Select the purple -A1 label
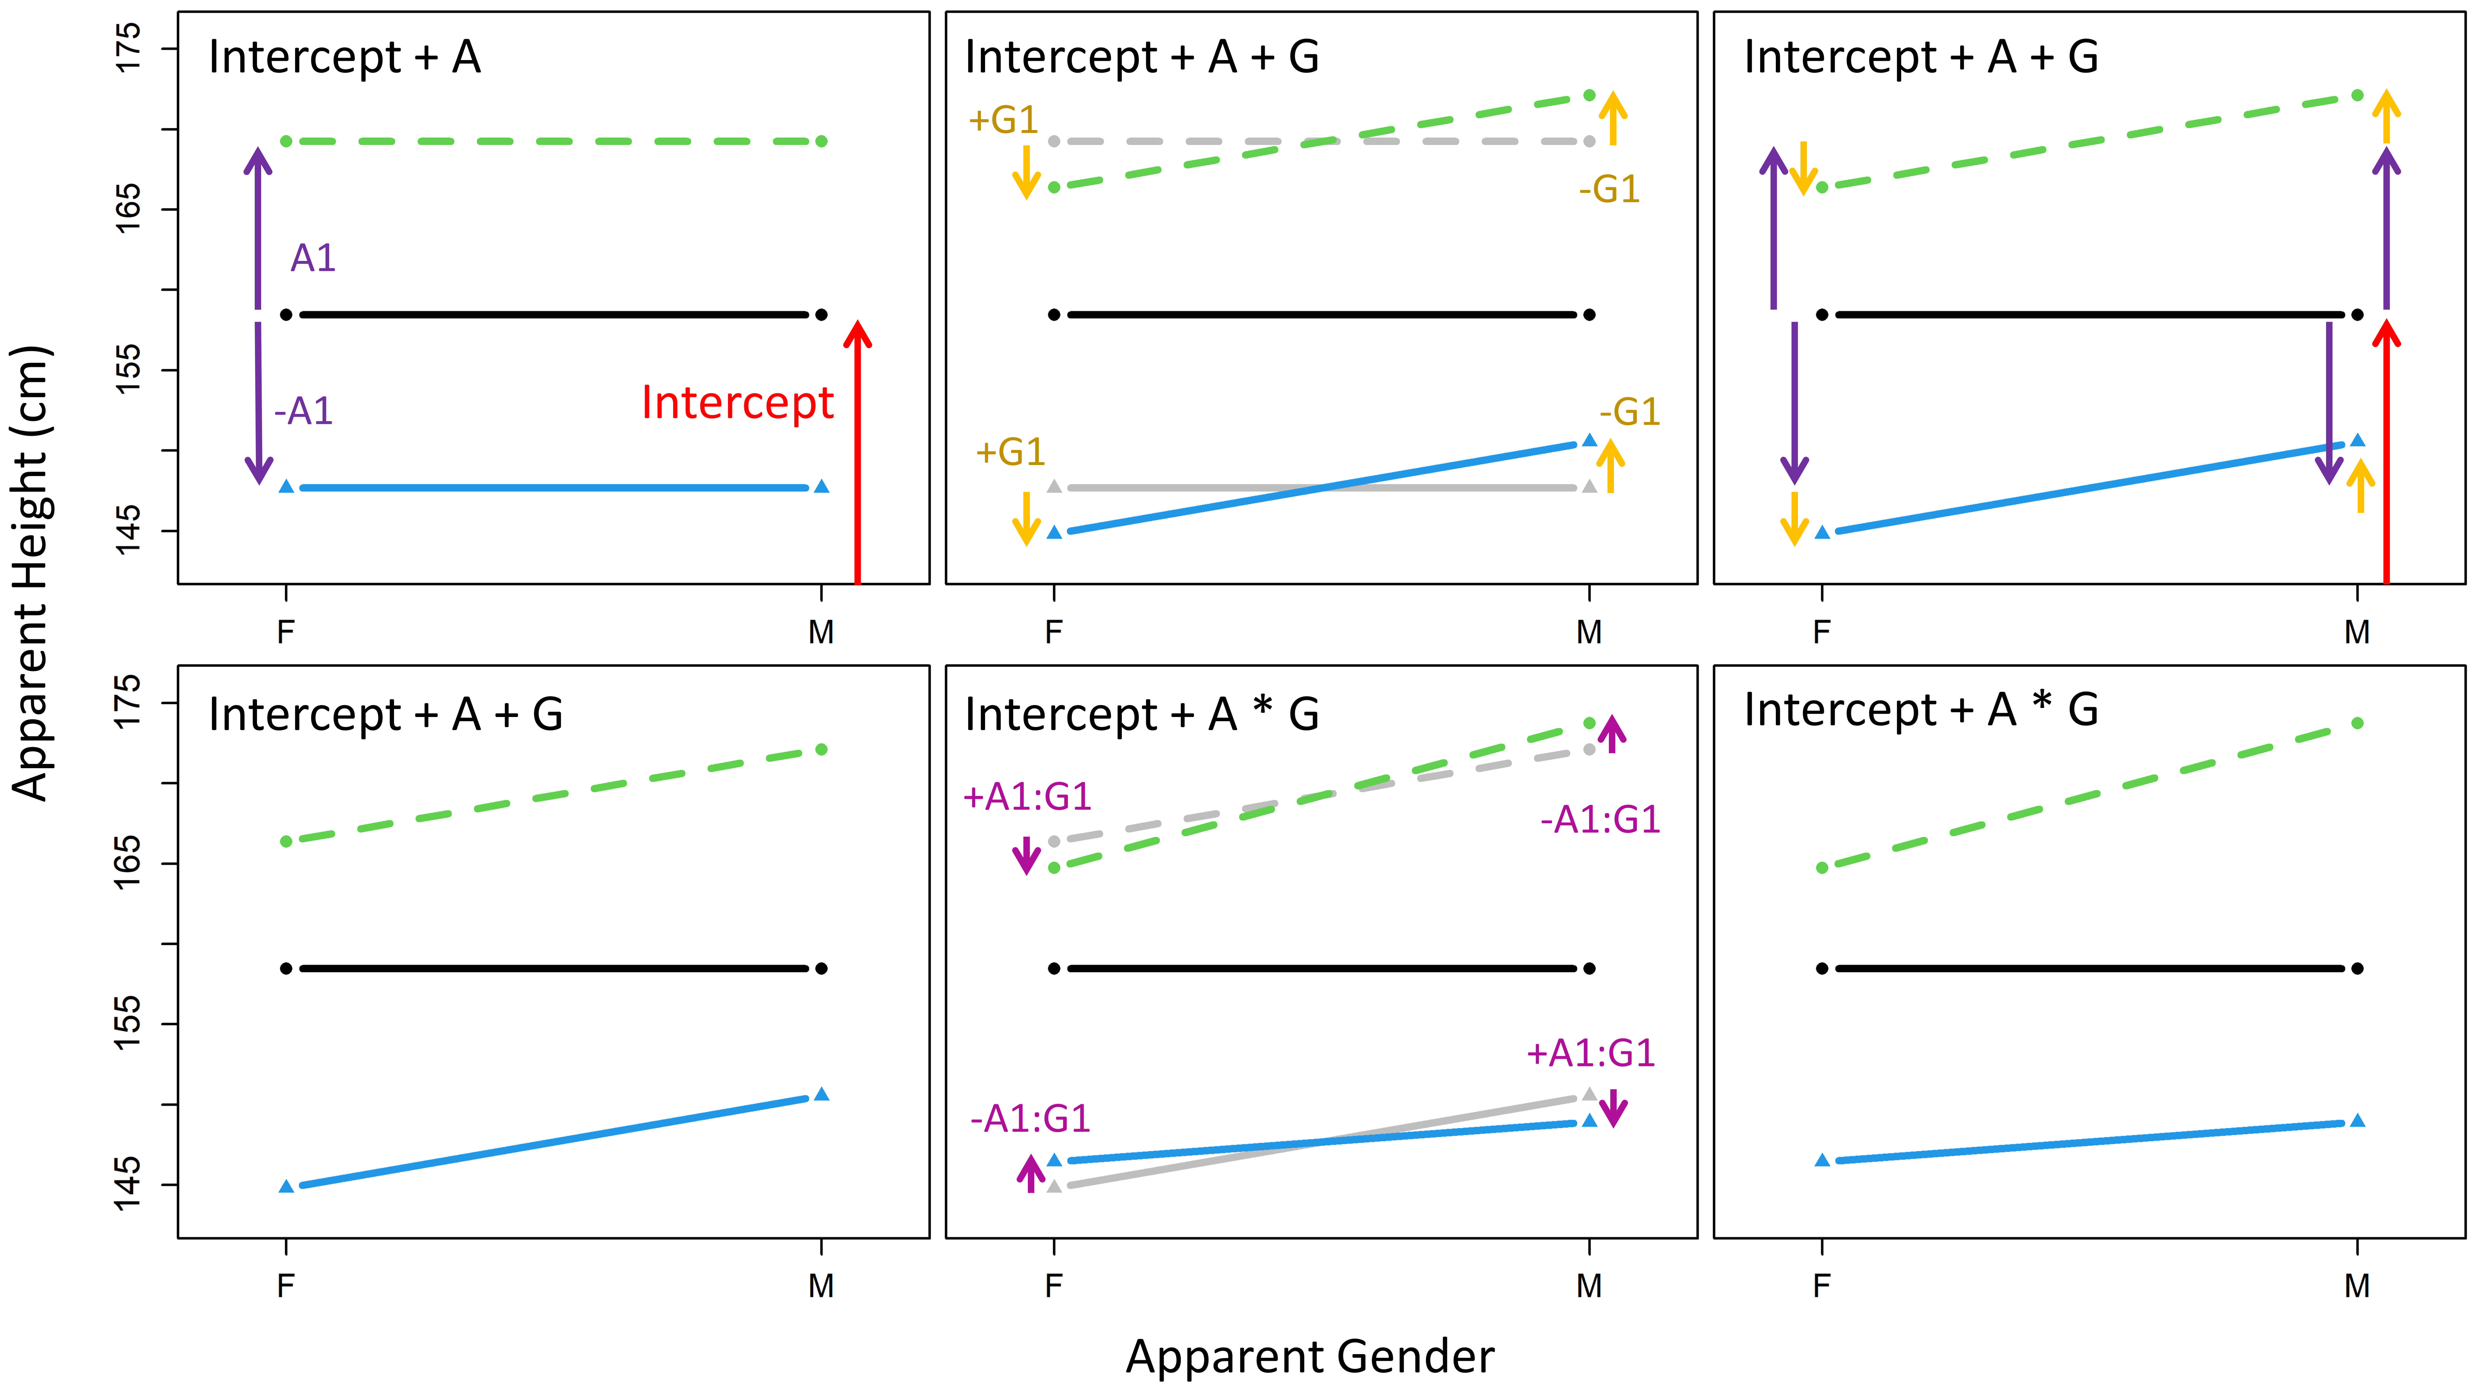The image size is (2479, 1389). [303, 411]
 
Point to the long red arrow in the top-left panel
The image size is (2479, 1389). [858, 452]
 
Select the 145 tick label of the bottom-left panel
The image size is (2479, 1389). [128, 1185]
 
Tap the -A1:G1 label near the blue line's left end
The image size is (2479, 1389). [1031, 1119]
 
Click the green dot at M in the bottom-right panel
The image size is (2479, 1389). [2357, 723]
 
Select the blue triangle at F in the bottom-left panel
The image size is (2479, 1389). [286, 1186]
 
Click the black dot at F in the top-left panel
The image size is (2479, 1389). [286, 315]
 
